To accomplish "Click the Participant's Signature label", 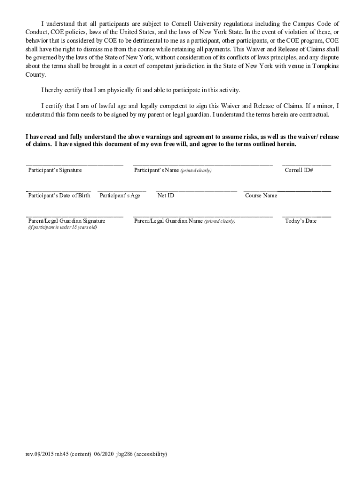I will (55, 170).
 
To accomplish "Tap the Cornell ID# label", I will (299, 170).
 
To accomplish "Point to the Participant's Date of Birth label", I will (59, 196).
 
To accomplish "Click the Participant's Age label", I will (120, 196).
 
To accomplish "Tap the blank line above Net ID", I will (196, 191).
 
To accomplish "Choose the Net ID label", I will (166, 196).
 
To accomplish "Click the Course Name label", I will (261, 196).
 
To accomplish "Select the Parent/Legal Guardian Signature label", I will (67, 221).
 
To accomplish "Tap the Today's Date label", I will (301, 221).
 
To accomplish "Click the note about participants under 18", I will (63, 227).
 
